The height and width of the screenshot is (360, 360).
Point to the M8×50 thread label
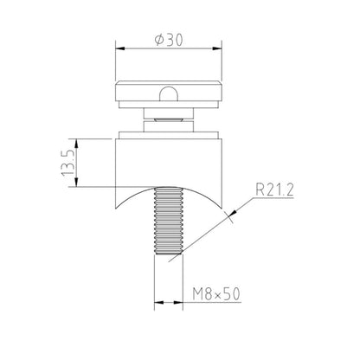215,294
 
